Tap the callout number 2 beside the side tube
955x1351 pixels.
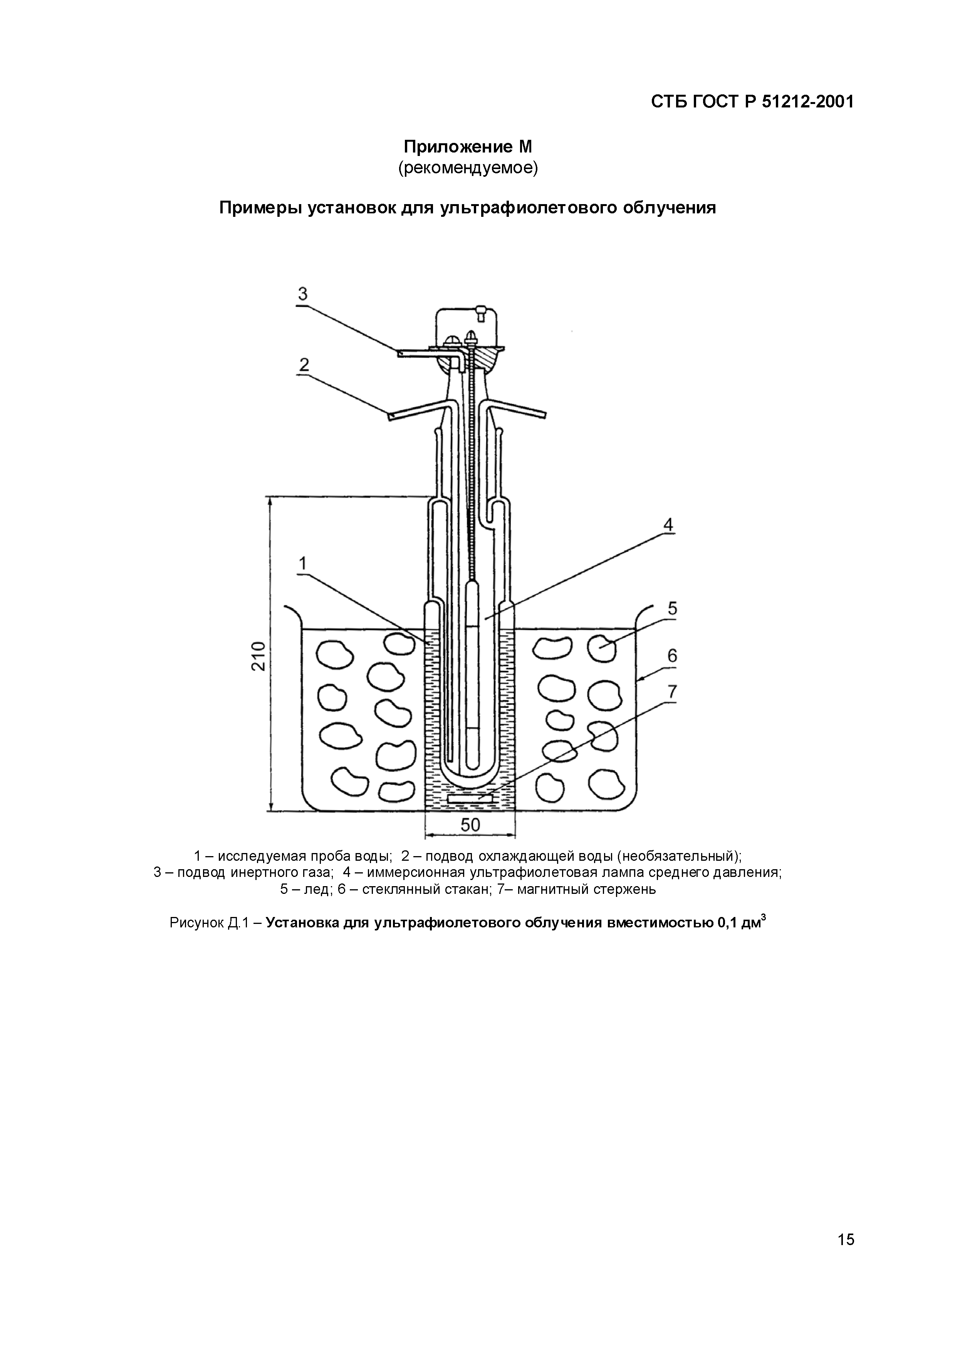click(x=303, y=365)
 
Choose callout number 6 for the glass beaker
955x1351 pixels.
click(x=672, y=655)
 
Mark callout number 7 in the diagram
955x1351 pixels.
click(x=672, y=692)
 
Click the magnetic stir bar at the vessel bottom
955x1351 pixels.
click(x=470, y=798)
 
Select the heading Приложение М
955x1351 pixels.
click(x=468, y=146)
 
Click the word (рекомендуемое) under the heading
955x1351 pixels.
click(x=468, y=168)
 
